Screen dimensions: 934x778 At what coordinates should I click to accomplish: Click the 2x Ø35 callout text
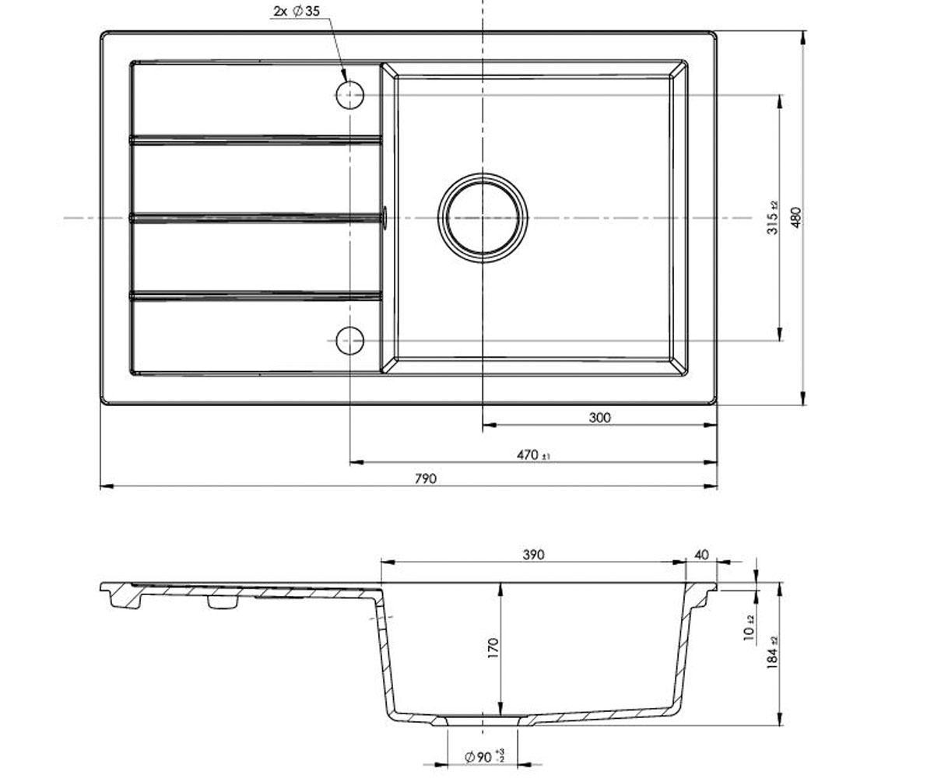coord(297,11)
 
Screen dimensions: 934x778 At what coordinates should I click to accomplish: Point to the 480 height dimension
coord(797,217)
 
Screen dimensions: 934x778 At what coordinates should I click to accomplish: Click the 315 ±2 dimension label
coord(773,218)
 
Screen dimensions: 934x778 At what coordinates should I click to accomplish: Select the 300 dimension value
coord(600,418)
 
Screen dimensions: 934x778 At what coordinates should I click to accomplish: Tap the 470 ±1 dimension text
coord(533,455)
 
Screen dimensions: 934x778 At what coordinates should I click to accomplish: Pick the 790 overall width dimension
coord(426,479)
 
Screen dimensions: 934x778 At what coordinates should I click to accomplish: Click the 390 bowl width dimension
coord(534,555)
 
